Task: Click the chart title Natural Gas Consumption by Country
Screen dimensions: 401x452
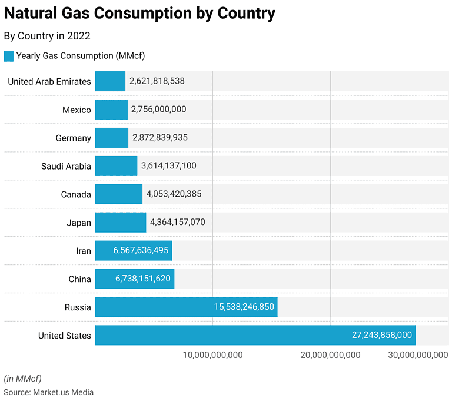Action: pos(139,13)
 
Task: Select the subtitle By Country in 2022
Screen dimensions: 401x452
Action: pos(47,36)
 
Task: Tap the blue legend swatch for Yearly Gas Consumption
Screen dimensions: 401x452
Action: pos(9,56)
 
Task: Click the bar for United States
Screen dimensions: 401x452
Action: pos(255,336)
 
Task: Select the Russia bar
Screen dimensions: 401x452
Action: pos(186,307)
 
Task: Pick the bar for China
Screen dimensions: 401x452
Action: pos(134,279)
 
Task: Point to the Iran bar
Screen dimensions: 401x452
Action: pos(133,251)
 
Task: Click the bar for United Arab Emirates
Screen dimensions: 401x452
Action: pos(110,81)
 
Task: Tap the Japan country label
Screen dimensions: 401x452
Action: pos(79,223)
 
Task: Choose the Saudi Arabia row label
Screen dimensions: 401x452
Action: pos(66,166)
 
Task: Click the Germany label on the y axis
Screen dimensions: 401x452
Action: pos(74,138)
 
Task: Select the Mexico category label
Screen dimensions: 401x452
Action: pos(77,110)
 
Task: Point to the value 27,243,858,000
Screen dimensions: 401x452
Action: pos(381,336)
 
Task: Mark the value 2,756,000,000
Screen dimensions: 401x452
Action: pos(158,110)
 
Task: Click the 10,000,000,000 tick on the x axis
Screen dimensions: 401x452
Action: pos(212,354)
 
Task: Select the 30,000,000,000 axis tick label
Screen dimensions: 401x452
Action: pos(418,354)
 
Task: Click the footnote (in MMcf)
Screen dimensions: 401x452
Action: pos(23,378)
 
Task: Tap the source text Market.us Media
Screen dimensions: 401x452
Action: pos(63,392)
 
